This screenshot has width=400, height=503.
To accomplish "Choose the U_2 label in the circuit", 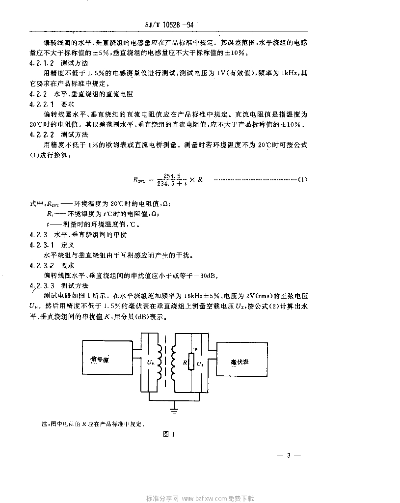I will [x=199, y=363].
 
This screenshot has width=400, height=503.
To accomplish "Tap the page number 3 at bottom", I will [x=289, y=455].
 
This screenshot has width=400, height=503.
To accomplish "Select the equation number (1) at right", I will [x=303, y=179].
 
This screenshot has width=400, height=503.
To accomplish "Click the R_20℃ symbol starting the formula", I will [x=140, y=180].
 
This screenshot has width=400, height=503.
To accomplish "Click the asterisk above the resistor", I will [x=195, y=349].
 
